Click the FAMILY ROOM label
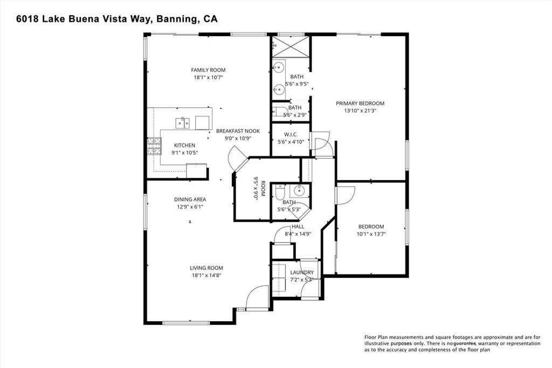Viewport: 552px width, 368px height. (x=208, y=70)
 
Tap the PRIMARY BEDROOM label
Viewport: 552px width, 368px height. (x=360, y=103)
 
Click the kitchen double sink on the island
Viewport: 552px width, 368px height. (x=182, y=123)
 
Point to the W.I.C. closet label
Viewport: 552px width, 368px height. (x=291, y=134)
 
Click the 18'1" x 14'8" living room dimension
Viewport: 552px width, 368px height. (x=206, y=275)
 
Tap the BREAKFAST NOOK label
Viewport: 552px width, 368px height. (x=238, y=131)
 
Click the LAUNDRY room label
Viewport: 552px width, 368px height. (x=302, y=273)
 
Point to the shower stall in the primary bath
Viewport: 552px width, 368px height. (x=291, y=46)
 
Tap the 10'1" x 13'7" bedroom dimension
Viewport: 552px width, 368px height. (x=371, y=234)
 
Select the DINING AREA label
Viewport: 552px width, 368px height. (x=189, y=199)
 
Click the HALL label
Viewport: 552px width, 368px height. (x=298, y=227)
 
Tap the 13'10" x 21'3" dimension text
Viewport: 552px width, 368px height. (x=360, y=111)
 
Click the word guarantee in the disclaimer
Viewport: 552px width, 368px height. (x=464, y=343)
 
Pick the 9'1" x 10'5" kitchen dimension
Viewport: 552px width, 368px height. (x=184, y=153)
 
